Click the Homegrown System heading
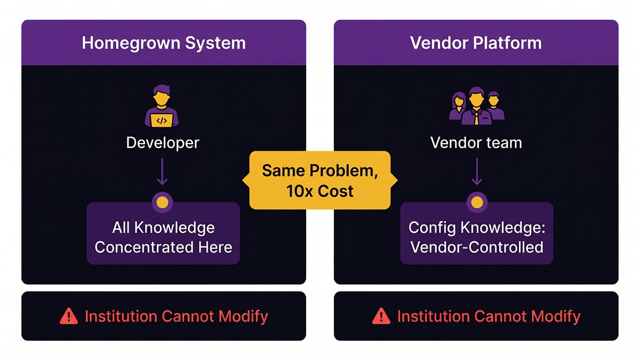(164, 43)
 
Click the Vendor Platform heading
(476, 43)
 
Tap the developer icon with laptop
(162, 106)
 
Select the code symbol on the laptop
(162, 121)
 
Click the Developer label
(163, 143)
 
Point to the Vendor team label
(476, 142)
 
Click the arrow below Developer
(162, 171)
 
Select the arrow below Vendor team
(477, 171)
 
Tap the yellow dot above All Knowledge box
(162, 202)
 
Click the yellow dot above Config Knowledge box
(477, 202)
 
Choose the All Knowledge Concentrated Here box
(163, 233)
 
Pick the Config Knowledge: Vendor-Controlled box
(477, 233)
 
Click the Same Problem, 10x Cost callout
(320, 180)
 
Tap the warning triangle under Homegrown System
(69, 316)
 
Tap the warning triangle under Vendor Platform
(381, 316)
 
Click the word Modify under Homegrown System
(243, 317)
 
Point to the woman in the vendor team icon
(458, 106)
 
